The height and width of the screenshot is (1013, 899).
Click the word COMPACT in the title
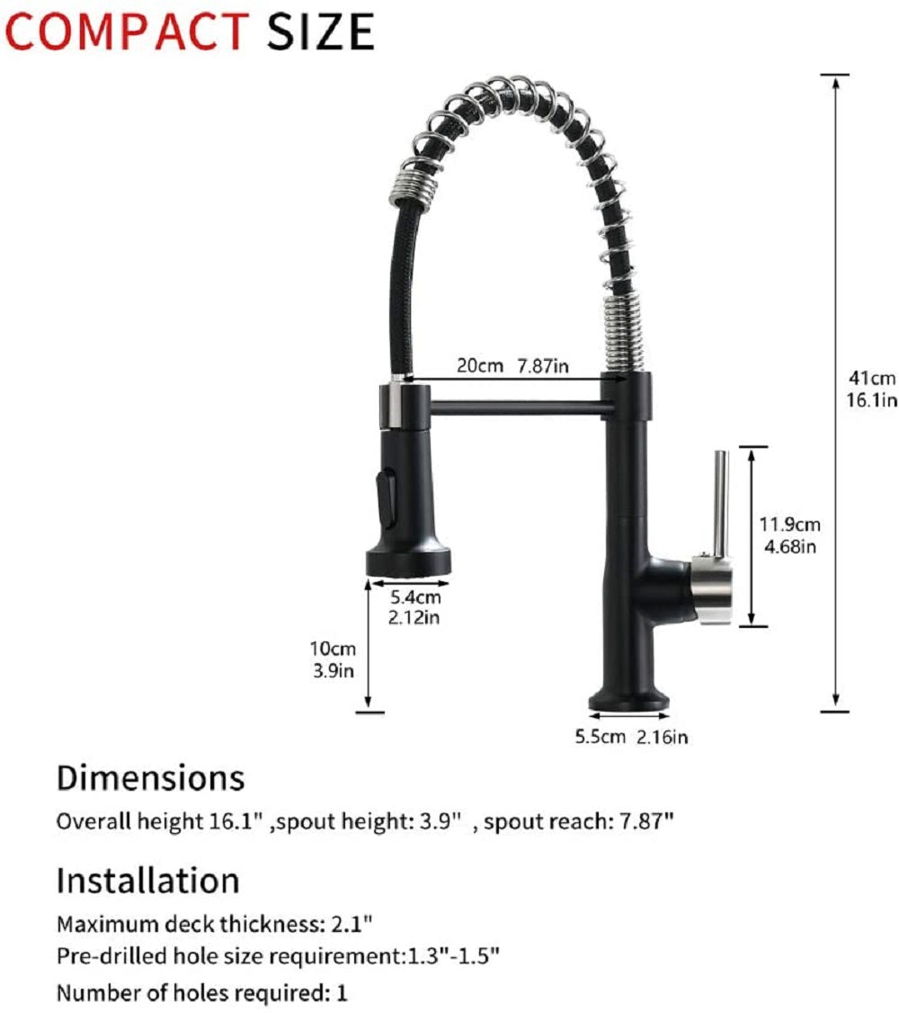click(126, 31)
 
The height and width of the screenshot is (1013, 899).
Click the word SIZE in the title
click(321, 31)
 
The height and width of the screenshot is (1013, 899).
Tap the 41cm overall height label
click(872, 389)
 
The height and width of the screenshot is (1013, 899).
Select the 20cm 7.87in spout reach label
click(513, 365)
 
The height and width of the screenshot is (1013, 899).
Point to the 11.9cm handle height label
click(789, 535)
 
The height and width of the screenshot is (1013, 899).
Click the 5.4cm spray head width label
click(415, 606)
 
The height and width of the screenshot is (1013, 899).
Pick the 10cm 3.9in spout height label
click(333, 659)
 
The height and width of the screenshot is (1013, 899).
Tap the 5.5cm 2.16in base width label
click(631, 737)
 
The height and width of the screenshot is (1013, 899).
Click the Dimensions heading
click(150, 778)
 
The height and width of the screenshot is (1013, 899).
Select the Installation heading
click(147, 881)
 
